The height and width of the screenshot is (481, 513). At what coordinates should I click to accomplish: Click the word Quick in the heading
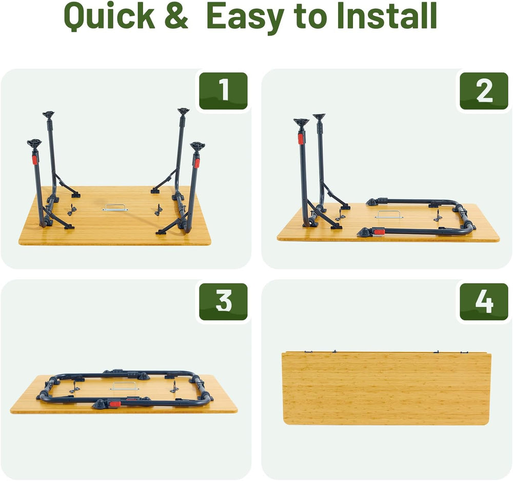(109, 16)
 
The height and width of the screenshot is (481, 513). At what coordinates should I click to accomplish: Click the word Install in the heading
(387, 16)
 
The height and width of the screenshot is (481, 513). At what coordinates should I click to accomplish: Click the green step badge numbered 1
(224, 91)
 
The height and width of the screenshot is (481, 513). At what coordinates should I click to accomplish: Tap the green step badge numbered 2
(484, 91)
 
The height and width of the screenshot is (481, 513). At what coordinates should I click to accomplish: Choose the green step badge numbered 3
(224, 301)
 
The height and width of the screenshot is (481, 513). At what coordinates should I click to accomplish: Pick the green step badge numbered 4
(484, 301)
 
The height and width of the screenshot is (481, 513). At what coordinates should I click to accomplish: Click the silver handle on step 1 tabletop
(115, 207)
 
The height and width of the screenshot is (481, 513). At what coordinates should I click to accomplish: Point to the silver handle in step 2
(389, 215)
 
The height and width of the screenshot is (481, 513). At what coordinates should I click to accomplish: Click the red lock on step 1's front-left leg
(34, 160)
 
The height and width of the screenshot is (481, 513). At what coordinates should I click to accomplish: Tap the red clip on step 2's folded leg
(379, 232)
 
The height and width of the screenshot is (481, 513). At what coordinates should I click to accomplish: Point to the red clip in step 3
(115, 403)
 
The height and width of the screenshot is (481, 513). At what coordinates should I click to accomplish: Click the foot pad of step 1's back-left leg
(48, 114)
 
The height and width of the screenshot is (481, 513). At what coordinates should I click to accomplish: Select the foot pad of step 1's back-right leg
(183, 111)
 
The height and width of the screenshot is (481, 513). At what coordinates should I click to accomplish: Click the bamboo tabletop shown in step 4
(386, 388)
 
